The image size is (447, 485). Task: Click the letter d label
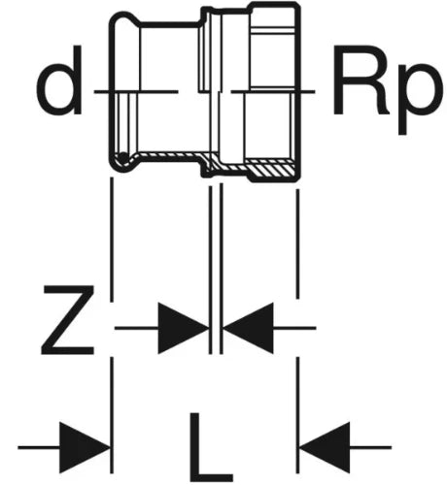59,81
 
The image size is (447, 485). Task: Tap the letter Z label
68,320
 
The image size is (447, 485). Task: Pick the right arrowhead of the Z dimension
249,328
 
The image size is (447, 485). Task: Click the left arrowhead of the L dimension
85,447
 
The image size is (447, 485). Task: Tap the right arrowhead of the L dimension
325,447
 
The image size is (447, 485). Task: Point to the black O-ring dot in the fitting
122,158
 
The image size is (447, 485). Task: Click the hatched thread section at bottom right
271,167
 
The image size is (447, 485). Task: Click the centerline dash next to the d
136,92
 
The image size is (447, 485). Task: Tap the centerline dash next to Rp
273,92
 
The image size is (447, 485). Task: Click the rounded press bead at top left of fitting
124,19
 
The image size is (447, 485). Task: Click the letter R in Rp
360,81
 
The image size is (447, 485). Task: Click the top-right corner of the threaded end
297,4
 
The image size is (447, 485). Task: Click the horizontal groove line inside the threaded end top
273,31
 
